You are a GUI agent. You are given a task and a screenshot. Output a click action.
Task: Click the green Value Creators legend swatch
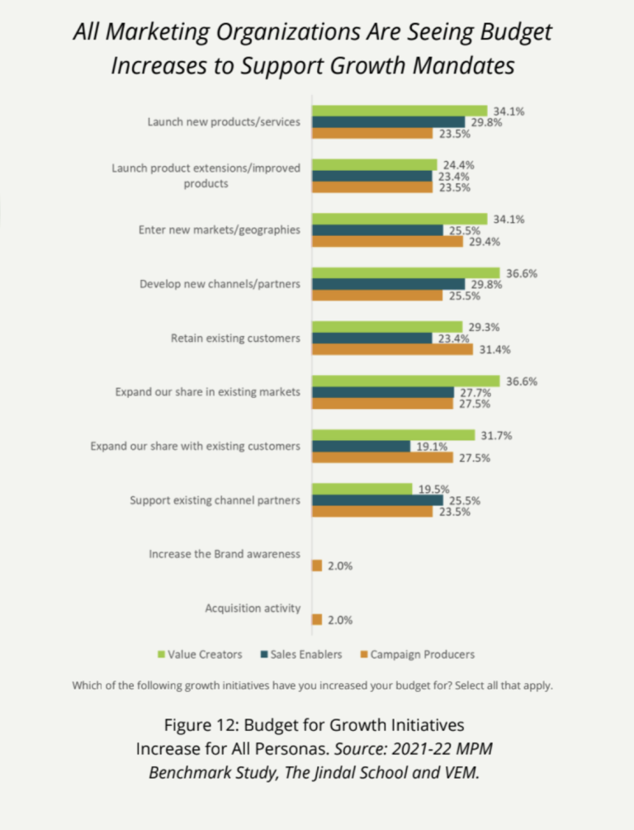pyautogui.click(x=162, y=655)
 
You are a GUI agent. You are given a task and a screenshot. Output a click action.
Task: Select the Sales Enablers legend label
pyautogui.click(x=306, y=655)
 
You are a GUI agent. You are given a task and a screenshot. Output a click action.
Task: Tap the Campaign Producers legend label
pyautogui.click(x=423, y=655)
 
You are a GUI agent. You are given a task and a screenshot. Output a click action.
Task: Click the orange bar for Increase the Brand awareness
pyautogui.click(x=317, y=566)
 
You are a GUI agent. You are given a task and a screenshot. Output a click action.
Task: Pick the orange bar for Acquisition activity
pyautogui.click(x=317, y=619)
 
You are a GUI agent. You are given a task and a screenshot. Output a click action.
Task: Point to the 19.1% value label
pyautogui.click(x=430, y=446)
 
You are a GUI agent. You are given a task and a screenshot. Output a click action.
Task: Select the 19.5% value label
pyautogui.click(x=432, y=489)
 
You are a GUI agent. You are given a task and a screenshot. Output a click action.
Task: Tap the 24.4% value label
pyautogui.click(x=457, y=164)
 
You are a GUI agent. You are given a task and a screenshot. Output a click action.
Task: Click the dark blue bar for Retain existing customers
pyautogui.click(x=371, y=338)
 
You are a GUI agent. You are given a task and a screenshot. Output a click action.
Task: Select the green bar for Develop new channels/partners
pyautogui.click(x=405, y=273)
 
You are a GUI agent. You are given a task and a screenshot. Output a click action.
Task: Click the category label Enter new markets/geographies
pyautogui.click(x=219, y=230)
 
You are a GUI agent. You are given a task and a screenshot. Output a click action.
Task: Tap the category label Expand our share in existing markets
pyautogui.click(x=207, y=391)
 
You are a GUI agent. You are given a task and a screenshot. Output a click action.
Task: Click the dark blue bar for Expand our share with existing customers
pyautogui.click(x=361, y=446)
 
